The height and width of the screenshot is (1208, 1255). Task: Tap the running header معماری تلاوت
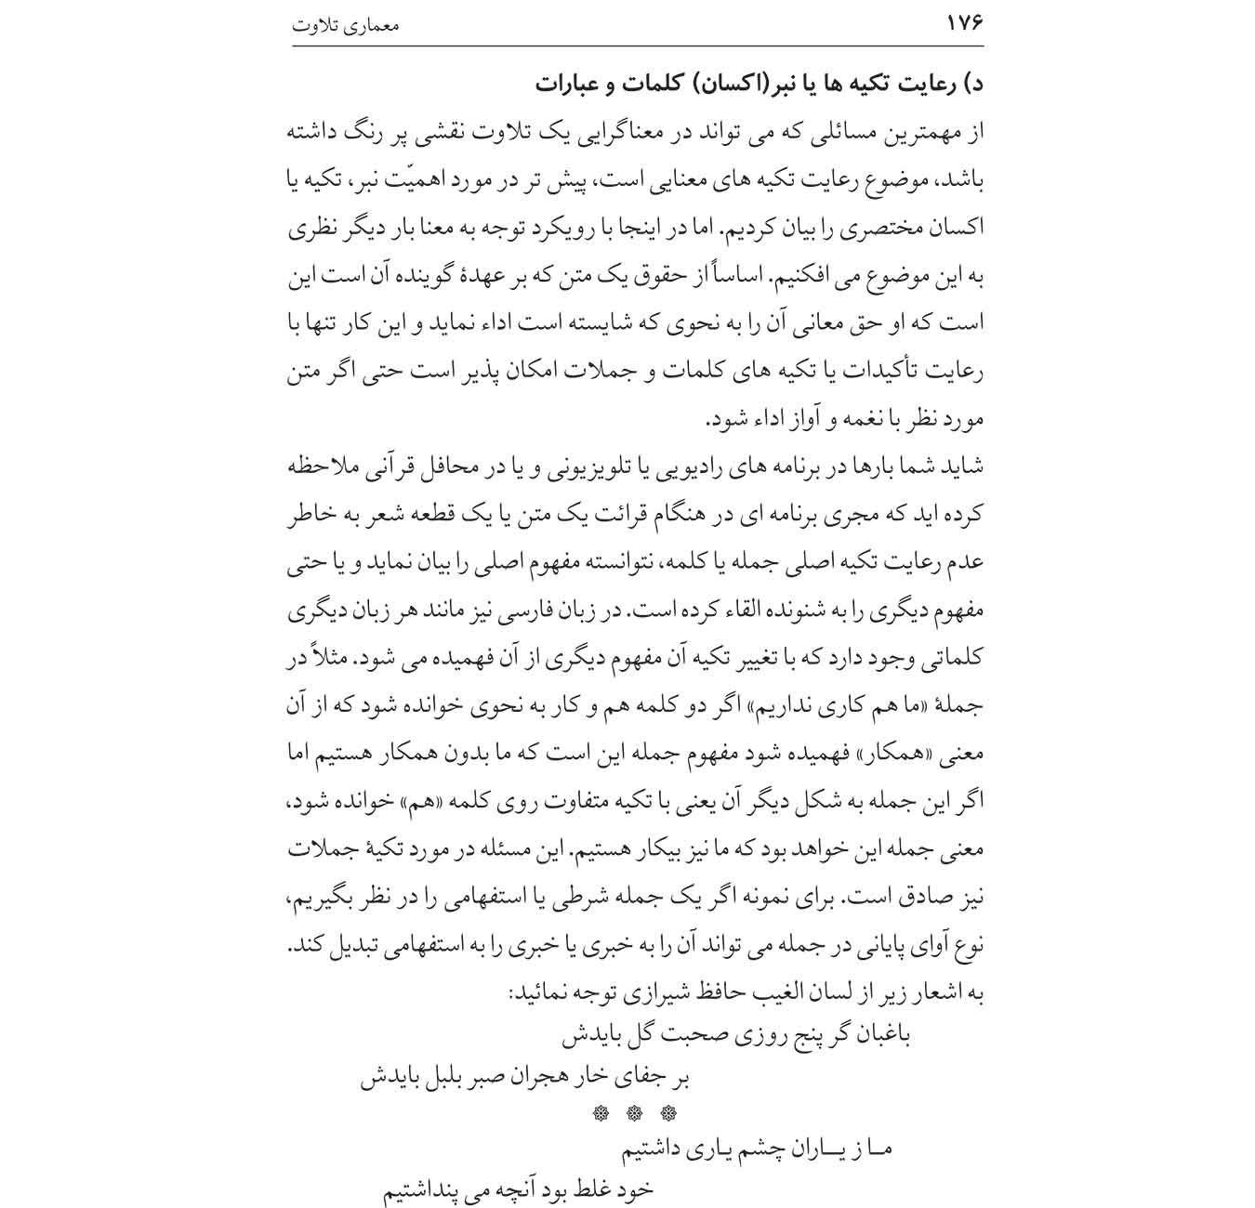click(345, 25)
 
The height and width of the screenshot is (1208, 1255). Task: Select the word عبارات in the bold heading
click(569, 85)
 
